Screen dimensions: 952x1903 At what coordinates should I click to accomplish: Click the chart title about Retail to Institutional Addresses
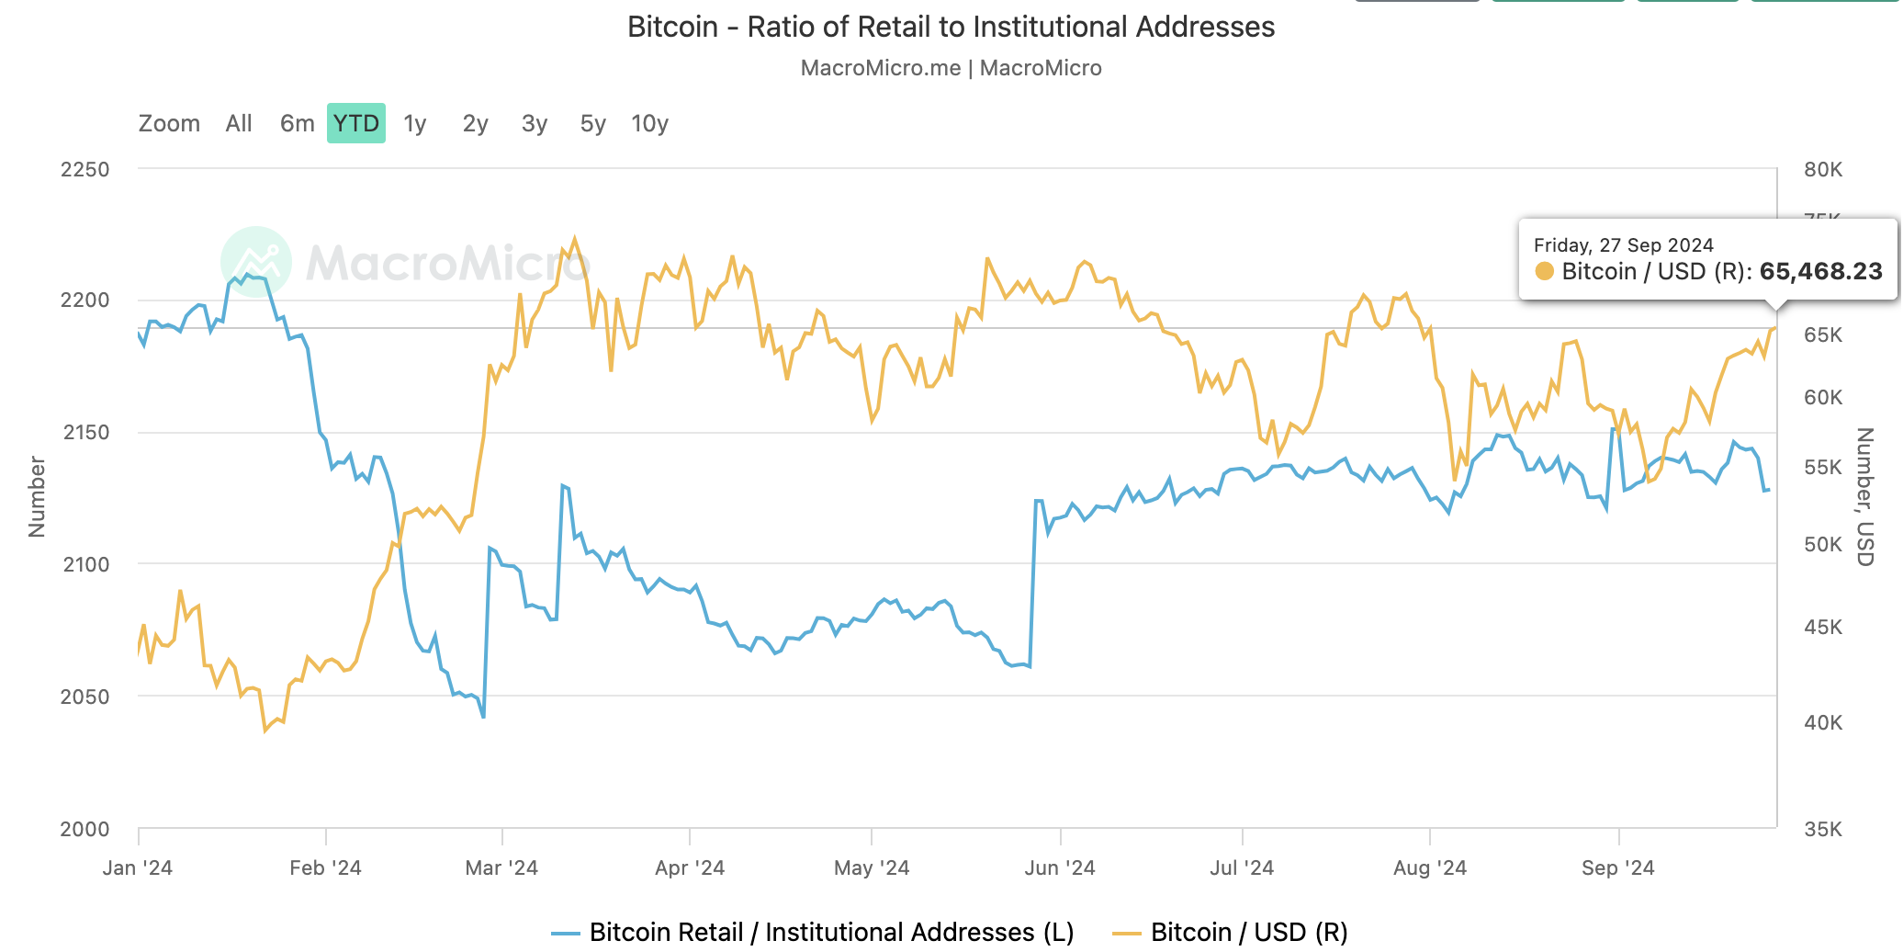click(x=951, y=28)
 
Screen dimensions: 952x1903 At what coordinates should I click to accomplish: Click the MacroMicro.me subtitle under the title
click(x=951, y=68)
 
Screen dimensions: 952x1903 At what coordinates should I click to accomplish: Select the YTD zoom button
click(x=355, y=123)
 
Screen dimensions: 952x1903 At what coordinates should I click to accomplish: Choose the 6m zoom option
click(x=297, y=123)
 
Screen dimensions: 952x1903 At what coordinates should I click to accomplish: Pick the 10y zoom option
click(x=649, y=123)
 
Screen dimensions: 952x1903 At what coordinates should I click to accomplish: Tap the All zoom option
click(x=239, y=123)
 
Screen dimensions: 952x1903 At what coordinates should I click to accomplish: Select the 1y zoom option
click(x=415, y=123)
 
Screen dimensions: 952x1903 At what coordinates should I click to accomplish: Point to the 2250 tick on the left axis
click(x=84, y=169)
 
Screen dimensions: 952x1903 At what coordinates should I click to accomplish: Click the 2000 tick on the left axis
click(x=84, y=829)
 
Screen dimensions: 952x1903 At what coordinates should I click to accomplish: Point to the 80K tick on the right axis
click(x=1823, y=169)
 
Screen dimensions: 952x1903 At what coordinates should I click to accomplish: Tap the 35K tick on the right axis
click(x=1823, y=829)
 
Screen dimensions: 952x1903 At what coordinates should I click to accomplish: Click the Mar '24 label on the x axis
click(x=501, y=867)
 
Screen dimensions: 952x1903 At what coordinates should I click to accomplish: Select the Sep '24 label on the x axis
click(x=1617, y=867)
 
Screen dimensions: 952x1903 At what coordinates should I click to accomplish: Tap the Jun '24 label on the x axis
click(x=1060, y=867)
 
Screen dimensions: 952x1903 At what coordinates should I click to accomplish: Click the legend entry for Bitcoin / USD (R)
click(x=1248, y=932)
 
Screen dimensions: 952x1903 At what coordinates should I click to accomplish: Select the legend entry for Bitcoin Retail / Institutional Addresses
click(x=830, y=932)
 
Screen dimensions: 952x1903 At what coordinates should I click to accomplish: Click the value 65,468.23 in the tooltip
click(x=1820, y=271)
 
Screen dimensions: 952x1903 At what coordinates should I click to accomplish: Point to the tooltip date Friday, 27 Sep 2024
click(x=1623, y=245)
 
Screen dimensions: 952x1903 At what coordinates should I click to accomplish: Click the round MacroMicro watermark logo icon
click(x=256, y=262)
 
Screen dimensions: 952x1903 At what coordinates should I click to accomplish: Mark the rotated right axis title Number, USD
click(x=1864, y=496)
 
